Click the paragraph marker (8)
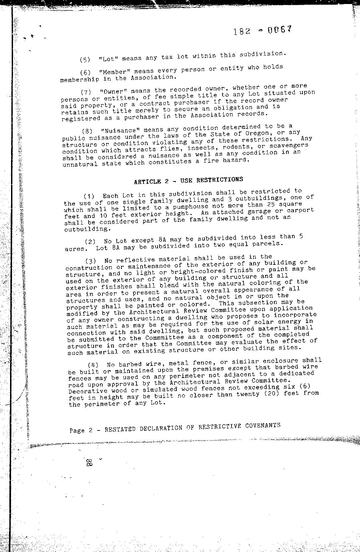(87, 131)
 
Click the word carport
(301, 210)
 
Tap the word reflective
(135, 260)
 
